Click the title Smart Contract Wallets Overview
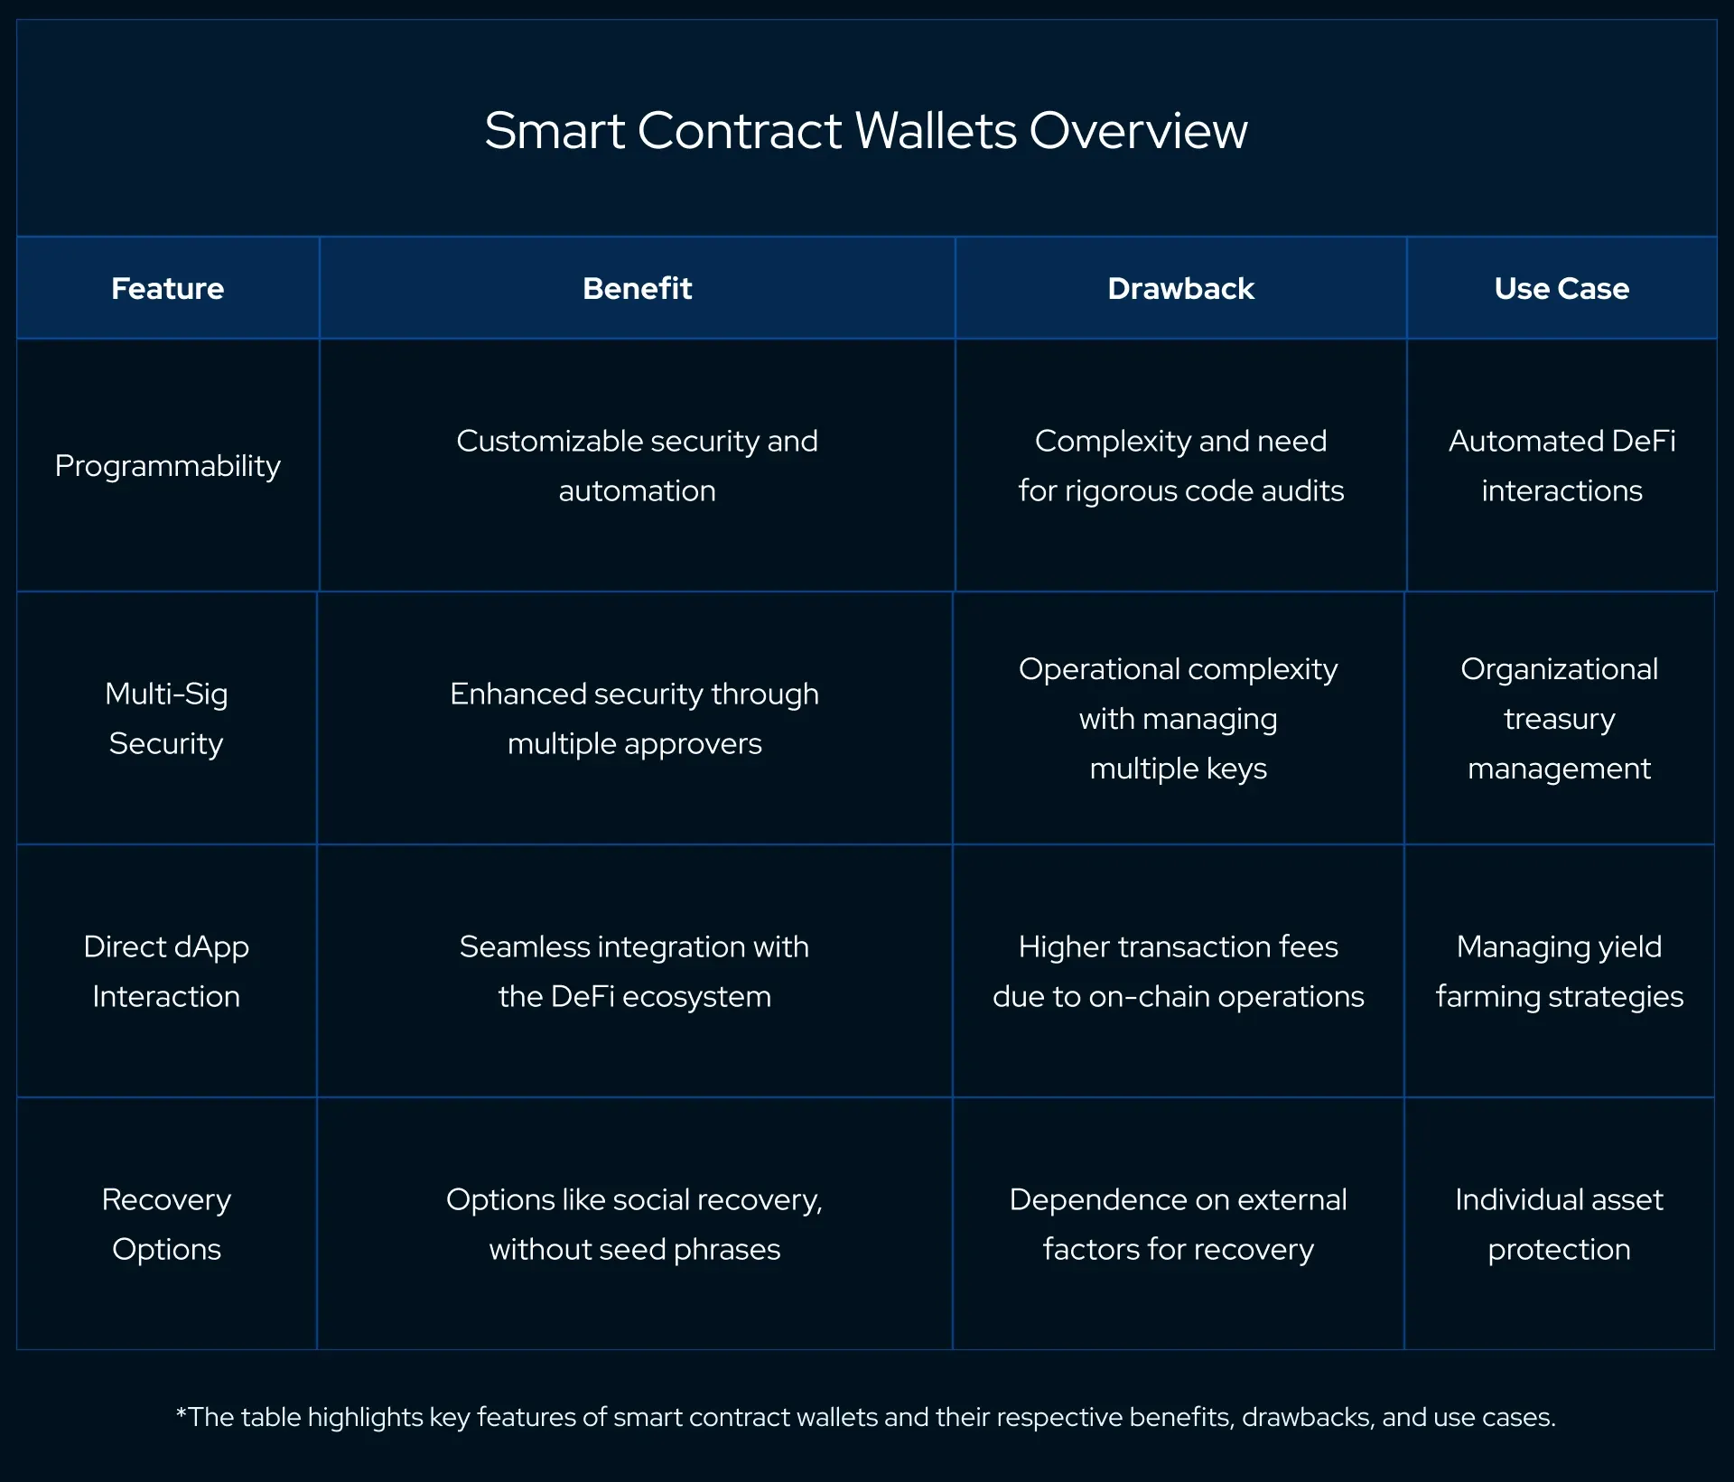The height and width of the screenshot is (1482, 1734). click(865, 130)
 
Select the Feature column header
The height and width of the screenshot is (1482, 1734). click(167, 288)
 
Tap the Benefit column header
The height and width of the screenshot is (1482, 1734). click(637, 288)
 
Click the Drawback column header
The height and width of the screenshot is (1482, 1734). click(1180, 288)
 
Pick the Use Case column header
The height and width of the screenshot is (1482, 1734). click(1562, 288)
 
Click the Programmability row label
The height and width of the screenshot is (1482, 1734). click(167, 466)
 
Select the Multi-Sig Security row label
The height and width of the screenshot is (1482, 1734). click(166, 718)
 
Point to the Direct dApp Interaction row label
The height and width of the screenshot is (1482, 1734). click(166, 971)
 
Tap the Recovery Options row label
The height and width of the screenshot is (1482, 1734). click(166, 1224)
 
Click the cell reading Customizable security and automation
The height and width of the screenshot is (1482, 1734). click(637, 466)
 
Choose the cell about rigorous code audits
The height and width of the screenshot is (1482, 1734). click(1180, 466)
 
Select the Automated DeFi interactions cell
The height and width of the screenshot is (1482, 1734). click(1562, 466)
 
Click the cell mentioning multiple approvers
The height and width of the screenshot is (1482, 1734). click(634, 718)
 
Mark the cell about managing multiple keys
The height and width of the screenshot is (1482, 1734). click(1178, 718)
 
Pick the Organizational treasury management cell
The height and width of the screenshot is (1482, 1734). click(1559, 718)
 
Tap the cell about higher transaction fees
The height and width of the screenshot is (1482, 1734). click(1178, 971)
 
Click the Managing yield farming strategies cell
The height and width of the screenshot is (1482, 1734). click(1559, 971)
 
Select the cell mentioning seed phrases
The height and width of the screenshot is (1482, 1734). click(634, 1224)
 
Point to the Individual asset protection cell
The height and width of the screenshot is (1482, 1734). click(1559, 1224)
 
